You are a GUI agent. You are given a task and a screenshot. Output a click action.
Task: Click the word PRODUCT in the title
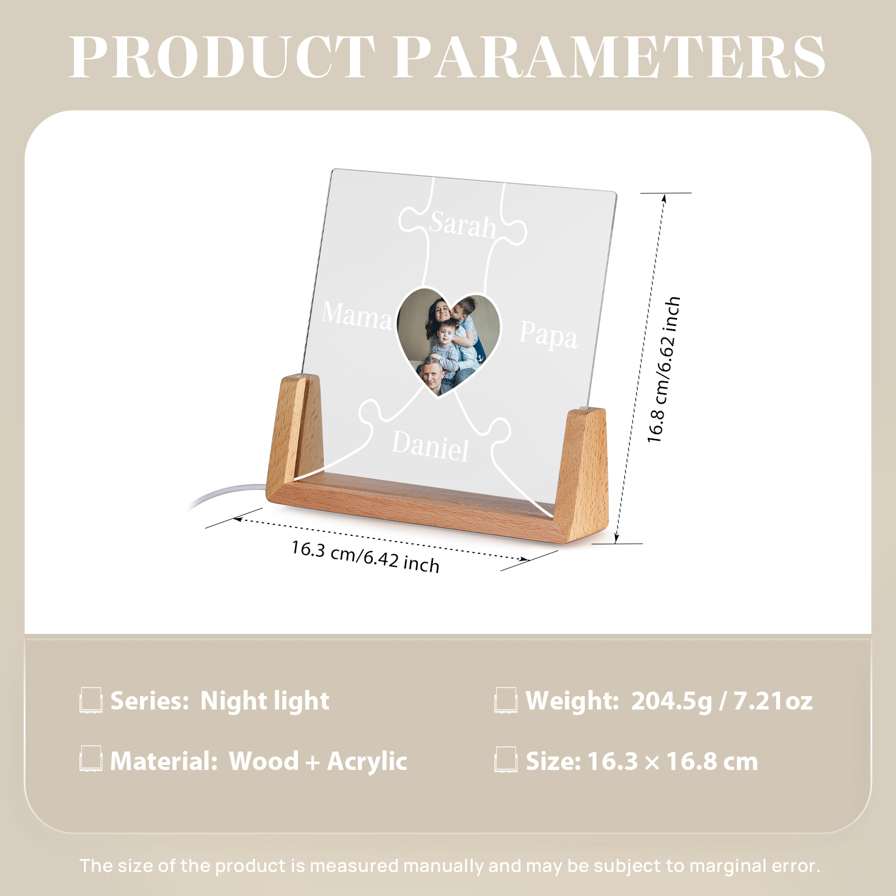click(x=222, y=57)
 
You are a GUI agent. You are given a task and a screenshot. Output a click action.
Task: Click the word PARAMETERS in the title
click(x=609, y=57)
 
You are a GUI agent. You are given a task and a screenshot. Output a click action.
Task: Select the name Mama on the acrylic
click(x=357, y=315)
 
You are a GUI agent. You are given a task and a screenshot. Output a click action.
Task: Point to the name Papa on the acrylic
click(x=548, y=335)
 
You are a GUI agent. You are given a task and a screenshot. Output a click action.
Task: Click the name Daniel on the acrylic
click(x=430, y=446)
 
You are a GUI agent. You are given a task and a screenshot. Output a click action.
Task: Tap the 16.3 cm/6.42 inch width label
click(x=365, y=556)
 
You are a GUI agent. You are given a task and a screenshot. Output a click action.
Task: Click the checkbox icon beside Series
click(x=91, y=701)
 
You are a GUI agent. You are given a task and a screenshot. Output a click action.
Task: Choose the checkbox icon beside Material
click(x=91, y=759)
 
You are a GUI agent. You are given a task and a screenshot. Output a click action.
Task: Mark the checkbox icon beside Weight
click(x=506, y=701)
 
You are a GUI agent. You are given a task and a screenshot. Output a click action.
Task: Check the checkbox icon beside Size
click(x=506, y=760)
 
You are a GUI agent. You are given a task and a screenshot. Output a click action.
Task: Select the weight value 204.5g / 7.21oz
click(x=722, y=701)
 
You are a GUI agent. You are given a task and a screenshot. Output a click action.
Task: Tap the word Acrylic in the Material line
click(x=367, y=762)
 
